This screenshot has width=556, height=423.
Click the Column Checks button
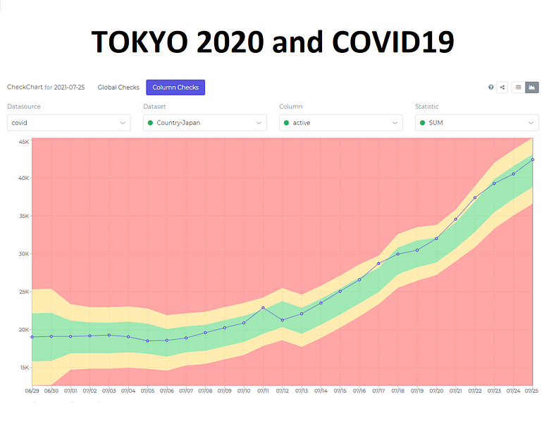175,87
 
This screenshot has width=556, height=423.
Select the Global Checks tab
118,87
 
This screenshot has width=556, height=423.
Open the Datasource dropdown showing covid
68,123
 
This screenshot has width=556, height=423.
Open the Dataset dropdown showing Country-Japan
204,123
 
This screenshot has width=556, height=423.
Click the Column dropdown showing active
340,123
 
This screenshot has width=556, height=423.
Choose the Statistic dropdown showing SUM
476,123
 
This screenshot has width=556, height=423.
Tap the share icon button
502,87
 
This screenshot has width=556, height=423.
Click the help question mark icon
491,87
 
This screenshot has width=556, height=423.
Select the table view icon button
519,87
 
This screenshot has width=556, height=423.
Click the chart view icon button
532,87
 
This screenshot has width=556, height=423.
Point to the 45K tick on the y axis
23,142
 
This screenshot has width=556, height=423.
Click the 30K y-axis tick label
23,254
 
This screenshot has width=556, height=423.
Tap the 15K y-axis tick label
23,367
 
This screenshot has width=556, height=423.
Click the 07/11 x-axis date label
263,390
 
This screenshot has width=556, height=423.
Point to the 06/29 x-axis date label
32,390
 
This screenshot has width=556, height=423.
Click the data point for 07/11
263,307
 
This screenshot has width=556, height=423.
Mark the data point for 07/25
533,159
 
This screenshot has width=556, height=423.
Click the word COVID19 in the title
394,43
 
